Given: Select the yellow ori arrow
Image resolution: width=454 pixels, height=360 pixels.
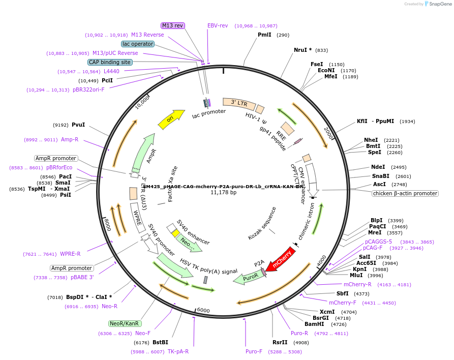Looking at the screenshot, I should pyautogui.click(x=171, y=118).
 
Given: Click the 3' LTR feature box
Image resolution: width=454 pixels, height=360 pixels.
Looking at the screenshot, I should pyautogui.click(x=239, y=103).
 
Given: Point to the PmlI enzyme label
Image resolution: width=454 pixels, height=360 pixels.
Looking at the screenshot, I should pyautogui.click(x=264, y=35).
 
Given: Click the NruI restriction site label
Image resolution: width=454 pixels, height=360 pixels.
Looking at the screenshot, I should pyautogui.click(x=302, y=50).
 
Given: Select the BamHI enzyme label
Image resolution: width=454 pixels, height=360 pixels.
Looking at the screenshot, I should pyautogui.click(x=314, y=324).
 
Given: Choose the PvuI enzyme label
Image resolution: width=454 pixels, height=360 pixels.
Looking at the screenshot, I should pyautogui.click(x=78, y=125).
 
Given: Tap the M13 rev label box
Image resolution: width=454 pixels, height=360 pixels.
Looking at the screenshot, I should pyautogui.click(x=173, y=25).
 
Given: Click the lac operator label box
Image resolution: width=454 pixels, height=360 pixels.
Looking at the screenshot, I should pyautogui.click(x=138, y=44).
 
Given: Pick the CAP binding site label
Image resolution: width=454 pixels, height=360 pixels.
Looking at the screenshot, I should pyautogui.click(x=110, y=62).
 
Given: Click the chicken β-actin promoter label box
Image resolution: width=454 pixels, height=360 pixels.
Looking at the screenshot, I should pyautogui.click(x=405, y=193).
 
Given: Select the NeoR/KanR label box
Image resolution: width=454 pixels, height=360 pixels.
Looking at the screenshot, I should pyautogui.click(x=125, y=323).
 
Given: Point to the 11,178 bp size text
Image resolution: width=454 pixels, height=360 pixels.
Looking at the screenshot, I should pyautogui.click(x=224, y=193).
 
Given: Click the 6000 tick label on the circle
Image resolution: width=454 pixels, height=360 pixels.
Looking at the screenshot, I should pyautogui.click(x=203, y=310).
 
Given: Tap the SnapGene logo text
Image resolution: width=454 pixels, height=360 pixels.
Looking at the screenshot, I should pyautogui.click(x=439, y=4).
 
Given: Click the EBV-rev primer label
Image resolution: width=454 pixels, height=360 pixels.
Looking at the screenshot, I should pyautogui.click(x=218, y=25).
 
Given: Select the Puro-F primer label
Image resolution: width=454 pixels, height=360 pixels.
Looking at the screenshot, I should pyautogui.click(x=254, y=351).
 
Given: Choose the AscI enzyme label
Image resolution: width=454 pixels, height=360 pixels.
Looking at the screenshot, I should pyautogui.click(x=379, y=184).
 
